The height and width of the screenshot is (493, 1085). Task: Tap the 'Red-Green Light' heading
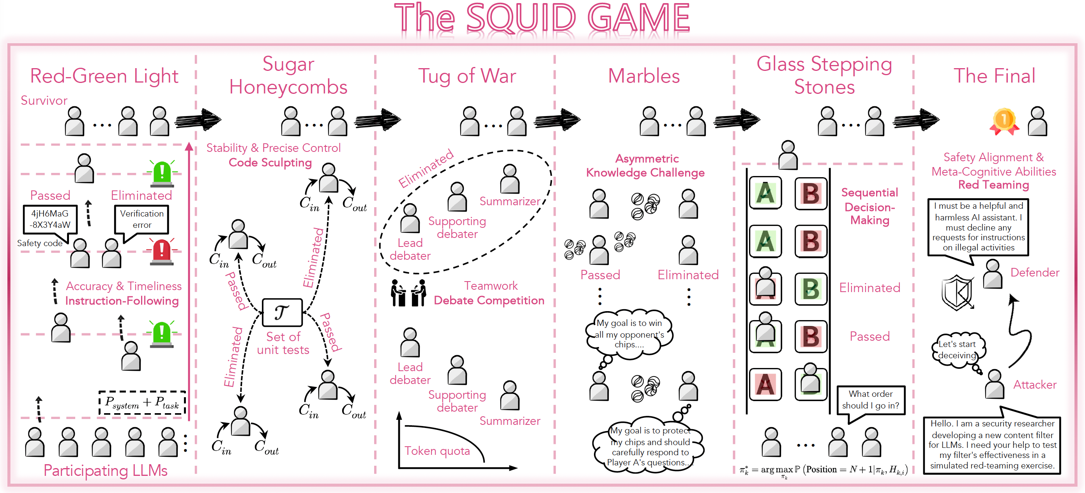coord(104,76)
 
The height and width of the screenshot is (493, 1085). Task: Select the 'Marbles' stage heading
coord(643,76)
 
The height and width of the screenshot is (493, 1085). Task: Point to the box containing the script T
coord(282,312)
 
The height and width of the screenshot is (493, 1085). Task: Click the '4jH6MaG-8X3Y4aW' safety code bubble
coord(50,219)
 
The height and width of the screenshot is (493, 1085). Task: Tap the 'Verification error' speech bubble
coord(141,219)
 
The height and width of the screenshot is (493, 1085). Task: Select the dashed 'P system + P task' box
coord(142,403)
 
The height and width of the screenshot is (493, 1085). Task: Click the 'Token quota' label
coord(437,451)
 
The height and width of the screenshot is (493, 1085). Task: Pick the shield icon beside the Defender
coord(957,292)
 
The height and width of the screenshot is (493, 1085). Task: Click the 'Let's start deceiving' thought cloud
coord(957,349)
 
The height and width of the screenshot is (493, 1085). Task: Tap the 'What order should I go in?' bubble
coord(870,400)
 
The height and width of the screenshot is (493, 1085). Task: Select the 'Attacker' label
coord(1034,384)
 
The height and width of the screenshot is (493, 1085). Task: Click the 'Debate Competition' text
coord(489,300)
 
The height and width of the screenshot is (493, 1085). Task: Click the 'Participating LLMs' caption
coord(105,470)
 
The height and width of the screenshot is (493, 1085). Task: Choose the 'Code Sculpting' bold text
coord(270,162)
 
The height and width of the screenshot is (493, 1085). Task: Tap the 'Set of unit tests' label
coord(283,343)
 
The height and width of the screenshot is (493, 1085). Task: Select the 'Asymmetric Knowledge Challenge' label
coord(645,166)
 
